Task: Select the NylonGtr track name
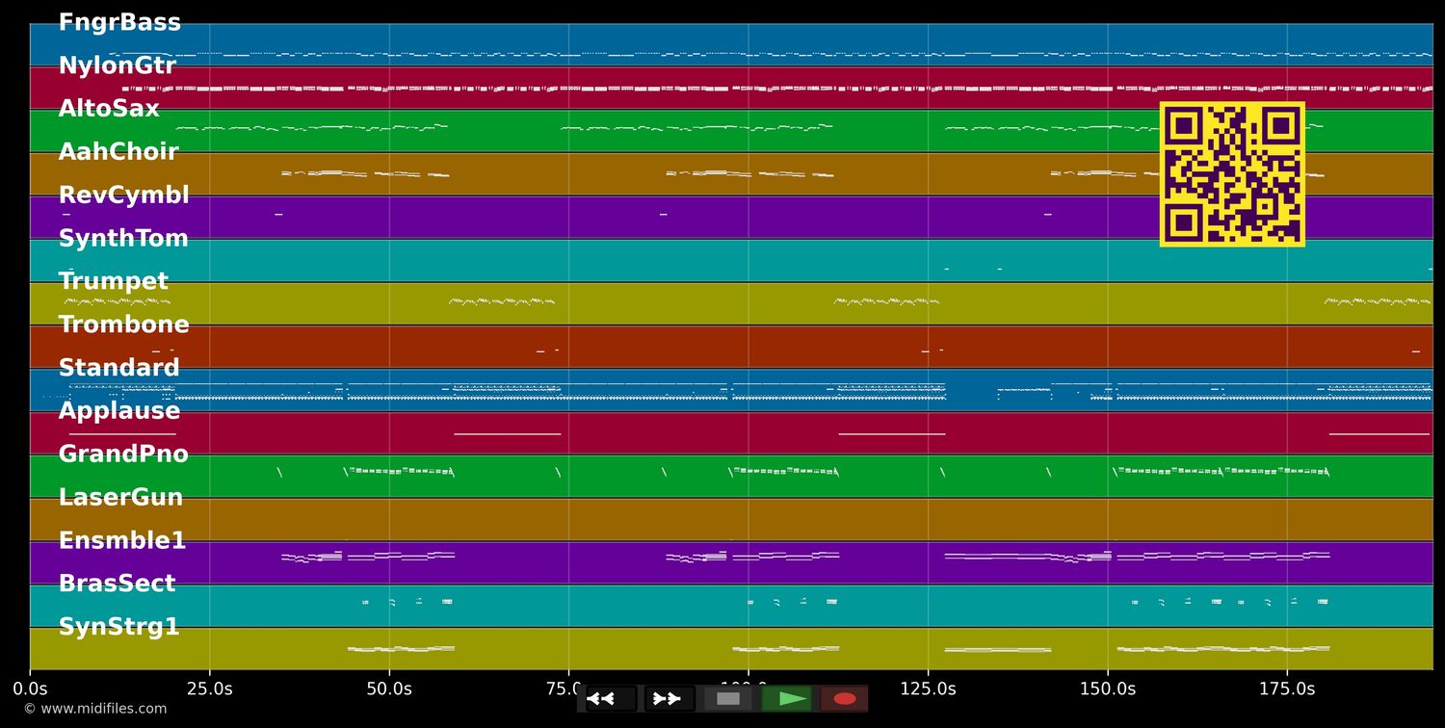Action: (118, 66)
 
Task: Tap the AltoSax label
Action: (109, 109)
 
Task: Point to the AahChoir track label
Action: (118, 152)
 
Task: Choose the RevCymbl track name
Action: (123, 195)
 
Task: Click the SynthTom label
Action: (123, 239)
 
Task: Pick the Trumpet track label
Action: (113, 281)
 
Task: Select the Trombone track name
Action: (123, 325)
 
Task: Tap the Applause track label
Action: (119, 411)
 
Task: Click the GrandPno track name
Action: (123, 455)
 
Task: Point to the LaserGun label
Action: (120, 498)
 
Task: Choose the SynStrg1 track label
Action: (119, 627)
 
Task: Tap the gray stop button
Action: (728, 698)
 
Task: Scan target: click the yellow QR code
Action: (1232, 174)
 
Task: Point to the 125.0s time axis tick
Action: (928, 689)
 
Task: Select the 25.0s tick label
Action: (209, 689)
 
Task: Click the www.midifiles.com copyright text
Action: (94, 709)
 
